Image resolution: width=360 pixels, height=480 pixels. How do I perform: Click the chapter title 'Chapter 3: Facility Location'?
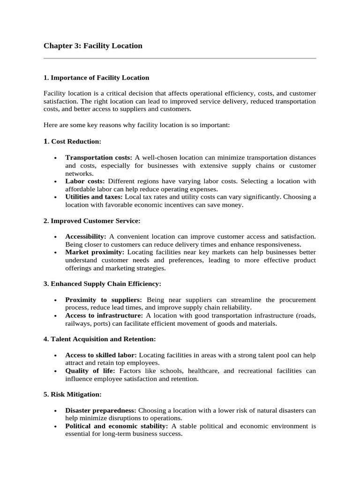[x=93, y=46]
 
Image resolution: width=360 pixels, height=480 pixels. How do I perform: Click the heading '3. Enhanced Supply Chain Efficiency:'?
[x=102, y=284]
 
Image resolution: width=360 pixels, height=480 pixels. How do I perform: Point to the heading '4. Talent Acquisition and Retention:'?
[x=99, y=339]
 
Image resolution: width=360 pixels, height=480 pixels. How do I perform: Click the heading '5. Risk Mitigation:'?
[x=73, y=395]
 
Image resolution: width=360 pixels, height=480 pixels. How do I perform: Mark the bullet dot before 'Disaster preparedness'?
[x=55, y=411]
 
